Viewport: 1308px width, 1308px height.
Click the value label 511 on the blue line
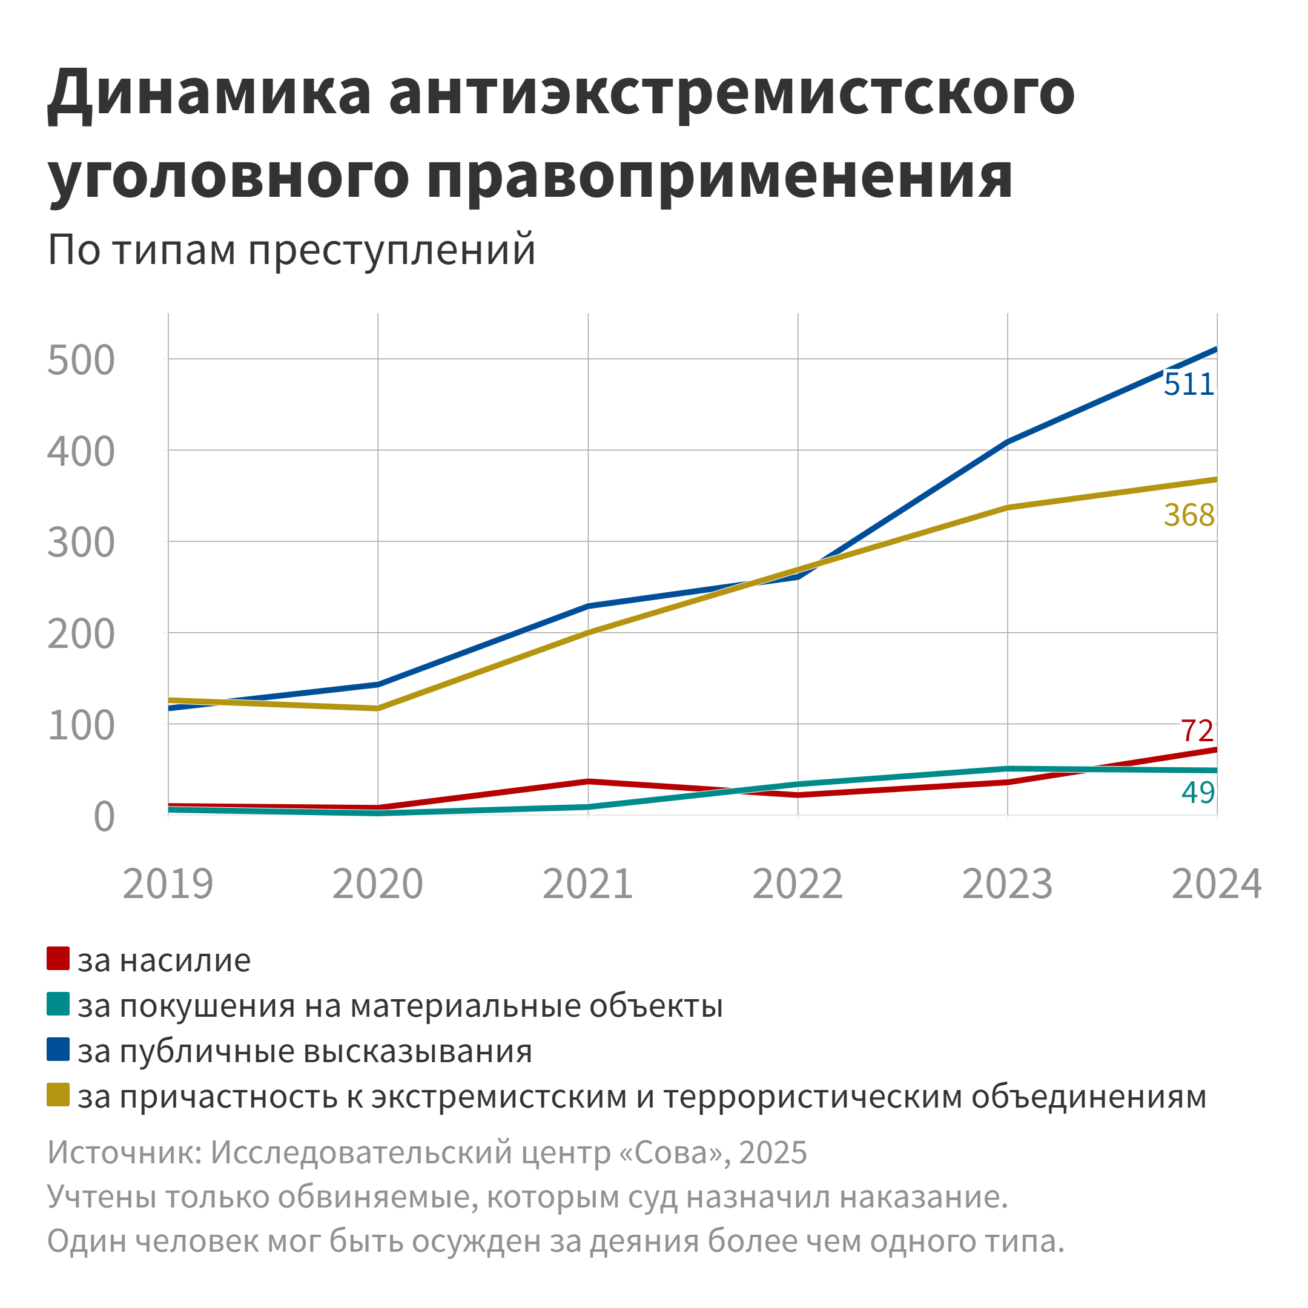tap(1188, 385)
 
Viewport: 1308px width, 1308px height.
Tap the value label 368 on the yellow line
tap(1189, 515)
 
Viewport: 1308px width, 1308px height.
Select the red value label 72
tap(1197, 731)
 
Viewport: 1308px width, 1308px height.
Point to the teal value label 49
tap(1198, 792)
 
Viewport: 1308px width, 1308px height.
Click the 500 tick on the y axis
tap(81, 360)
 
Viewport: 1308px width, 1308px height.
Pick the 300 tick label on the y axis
tap(81, 543)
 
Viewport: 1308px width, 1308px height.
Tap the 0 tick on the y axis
tap(104, 816)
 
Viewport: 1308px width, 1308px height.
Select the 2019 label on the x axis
tap(168, 884)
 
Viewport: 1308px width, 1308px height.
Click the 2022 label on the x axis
tap(798, 884)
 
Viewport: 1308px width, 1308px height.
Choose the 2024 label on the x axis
tap(1217, 884)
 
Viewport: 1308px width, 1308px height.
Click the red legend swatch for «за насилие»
tap(58, 959)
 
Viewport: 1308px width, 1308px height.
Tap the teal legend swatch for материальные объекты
tap(58, 1004)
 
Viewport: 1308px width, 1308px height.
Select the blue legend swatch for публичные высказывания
tap(58, 1049)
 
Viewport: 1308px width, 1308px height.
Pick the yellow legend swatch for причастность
tap(58, 1095)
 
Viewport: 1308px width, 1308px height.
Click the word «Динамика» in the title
tap(210, 93)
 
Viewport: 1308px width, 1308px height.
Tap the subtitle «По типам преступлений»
tap(292, 250)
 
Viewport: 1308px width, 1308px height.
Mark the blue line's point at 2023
tap(1008, 442)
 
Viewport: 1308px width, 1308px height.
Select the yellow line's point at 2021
tap(587, 633)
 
